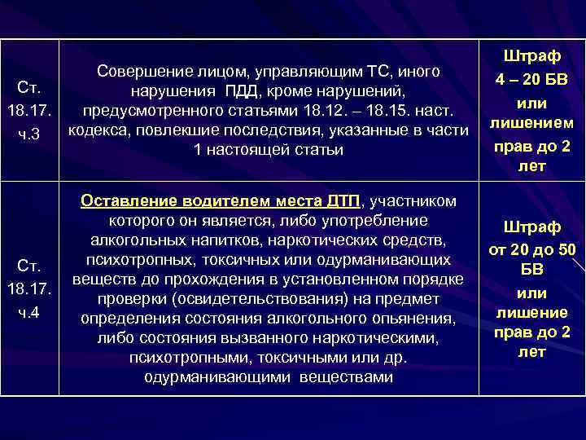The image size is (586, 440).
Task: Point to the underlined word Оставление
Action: pyautogui.click(x=129, y=200)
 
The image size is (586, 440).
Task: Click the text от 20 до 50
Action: pyautogui.click(x=531, y=249)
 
